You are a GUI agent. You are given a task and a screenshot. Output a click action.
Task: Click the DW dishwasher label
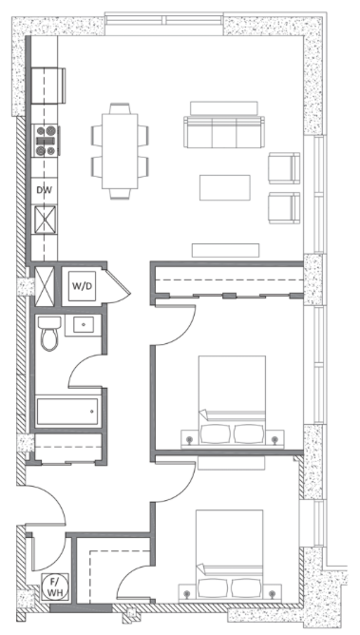point(44,190)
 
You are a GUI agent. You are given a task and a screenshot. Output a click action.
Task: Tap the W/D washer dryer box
point(82,286)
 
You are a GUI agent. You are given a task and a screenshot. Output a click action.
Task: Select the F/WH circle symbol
point(54,587)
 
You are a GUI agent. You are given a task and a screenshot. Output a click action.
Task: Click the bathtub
point(67,412)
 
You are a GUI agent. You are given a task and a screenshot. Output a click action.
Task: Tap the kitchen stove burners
point(46,141)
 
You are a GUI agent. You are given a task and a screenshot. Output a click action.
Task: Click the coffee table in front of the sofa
point(224,187)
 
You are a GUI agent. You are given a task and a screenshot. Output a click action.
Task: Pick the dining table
point(120,150)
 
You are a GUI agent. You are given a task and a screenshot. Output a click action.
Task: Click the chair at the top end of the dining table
point(120,108)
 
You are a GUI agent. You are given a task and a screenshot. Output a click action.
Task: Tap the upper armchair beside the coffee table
point(284,168)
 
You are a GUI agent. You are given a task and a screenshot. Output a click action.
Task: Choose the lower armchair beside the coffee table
point(284,208)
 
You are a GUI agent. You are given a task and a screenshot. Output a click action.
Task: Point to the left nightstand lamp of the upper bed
point(189,439)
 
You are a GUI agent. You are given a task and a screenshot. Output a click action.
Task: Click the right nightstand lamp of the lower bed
point(272,594)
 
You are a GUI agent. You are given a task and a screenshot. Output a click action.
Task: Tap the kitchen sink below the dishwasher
point(45,220)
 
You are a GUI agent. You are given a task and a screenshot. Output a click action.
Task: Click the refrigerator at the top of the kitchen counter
point(48,86)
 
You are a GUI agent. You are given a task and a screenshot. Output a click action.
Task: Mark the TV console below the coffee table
point(225,250)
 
